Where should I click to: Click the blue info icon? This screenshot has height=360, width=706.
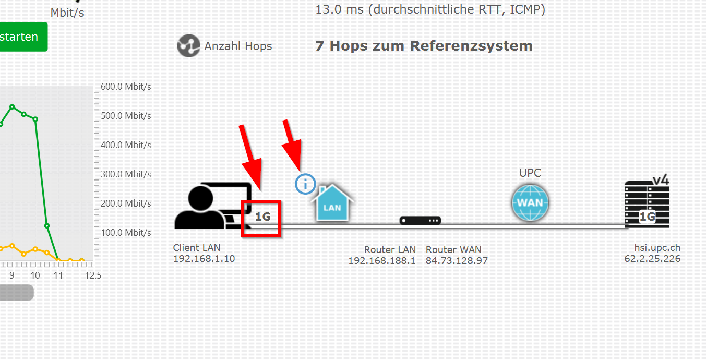pos(305,184)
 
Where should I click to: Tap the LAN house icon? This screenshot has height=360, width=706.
pos(332,203)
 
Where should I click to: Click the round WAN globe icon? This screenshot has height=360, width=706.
pos(530,202)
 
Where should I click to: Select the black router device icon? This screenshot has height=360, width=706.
pos(420,221)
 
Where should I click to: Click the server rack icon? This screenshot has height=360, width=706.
pos(647,205)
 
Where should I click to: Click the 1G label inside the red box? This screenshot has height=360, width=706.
pos(262,217)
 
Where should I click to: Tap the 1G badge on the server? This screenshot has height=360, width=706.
pos(647,217)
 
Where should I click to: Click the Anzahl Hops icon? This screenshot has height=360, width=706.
pos(188,46)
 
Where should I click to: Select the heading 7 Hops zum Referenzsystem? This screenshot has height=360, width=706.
pos(424,46)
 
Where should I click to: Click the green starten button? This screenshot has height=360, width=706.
pos(21,37)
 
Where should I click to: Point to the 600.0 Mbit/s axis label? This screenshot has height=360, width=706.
pos(126,87)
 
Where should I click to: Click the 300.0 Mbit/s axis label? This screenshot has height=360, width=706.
pos(126,174)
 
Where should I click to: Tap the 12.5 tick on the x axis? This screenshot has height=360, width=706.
pos(93,275)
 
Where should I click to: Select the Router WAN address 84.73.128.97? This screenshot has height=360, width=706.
pos(457,260)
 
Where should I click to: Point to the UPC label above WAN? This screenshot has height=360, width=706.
pos(530,173)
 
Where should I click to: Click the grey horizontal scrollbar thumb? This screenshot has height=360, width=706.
pos(16,293)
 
